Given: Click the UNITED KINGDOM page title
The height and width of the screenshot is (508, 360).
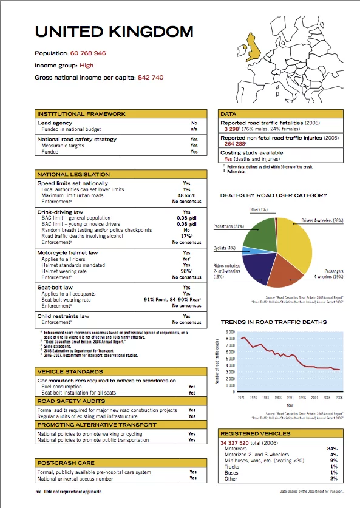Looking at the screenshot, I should pyautogui.click(x=114, y=32).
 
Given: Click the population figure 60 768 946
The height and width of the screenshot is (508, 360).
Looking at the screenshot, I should pyautogui.click(x=88, y=53).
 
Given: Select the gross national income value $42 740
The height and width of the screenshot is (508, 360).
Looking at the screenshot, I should pyautogui.click(x=151, y=78).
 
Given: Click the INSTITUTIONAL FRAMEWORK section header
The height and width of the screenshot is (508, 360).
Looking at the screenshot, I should pyautogui.click(x=82, y=114).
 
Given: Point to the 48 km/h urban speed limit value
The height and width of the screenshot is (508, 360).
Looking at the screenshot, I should pyautogui.click(x=186, y=195).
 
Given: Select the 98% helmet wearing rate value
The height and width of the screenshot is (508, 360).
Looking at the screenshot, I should pyautogui.click(x=186, y=271).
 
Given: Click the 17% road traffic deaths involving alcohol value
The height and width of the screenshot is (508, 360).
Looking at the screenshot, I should pyautogui.click(x=186, y=236).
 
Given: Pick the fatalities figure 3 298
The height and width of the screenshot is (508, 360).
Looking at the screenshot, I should pyautogui.click(x=231, y=129).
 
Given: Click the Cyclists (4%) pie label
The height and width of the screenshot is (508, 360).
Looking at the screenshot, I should pyautogui.click(x=225, y=248).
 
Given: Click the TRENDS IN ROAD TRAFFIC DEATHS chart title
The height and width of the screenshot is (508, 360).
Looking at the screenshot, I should pyautogui.click(x=273, y=322).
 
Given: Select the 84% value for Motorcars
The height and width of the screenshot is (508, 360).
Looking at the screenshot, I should pyautogui.click(x=332, y=449).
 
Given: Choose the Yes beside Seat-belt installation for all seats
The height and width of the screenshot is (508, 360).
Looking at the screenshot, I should pyautogui.click(x=192, y=393).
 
